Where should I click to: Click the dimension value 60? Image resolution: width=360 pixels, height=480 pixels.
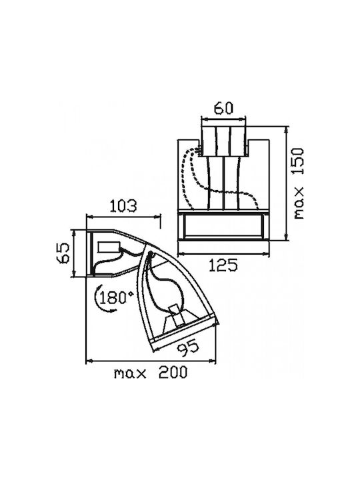pos(223,108)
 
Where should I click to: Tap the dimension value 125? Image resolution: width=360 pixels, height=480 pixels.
pos(223,265)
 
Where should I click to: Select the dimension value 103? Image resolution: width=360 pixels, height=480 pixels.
pos(123,206)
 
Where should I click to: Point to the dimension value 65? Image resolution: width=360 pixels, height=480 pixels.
pos(65,253)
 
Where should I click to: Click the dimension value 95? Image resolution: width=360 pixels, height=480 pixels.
pos(188,349)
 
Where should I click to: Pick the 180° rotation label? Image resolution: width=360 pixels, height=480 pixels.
pos(117,297)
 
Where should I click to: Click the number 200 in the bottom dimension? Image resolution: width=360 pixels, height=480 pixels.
pos(173,373)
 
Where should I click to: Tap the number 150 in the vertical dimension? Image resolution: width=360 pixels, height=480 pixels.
pos(299,161)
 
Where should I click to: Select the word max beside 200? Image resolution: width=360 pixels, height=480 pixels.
pos(130,373)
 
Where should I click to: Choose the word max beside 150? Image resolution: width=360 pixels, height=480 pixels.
pos(299,203)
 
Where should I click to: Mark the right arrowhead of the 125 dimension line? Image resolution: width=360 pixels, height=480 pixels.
pos(266,254)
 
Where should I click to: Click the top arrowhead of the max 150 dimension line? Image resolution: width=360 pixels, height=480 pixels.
pos(287,130)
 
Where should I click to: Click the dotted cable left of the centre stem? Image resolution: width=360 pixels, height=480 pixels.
pos(187,177)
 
